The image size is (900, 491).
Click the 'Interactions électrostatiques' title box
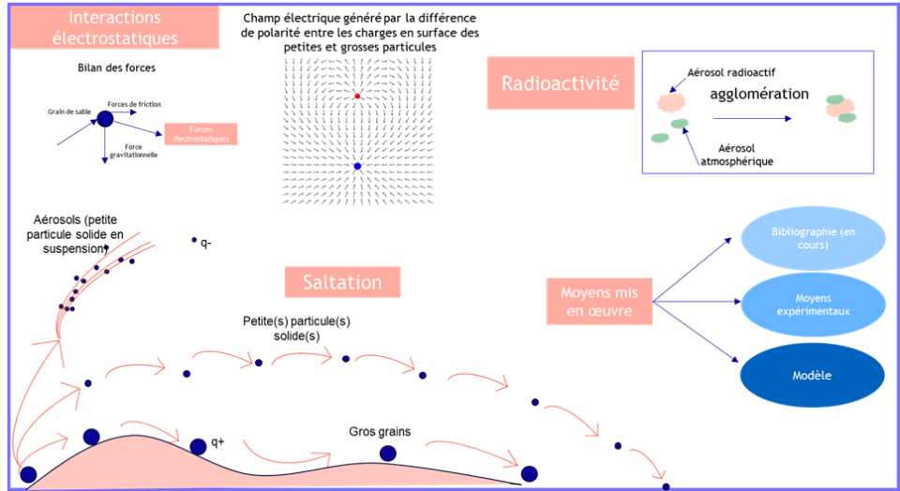(114, 28)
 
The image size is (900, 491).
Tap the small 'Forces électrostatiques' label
(200, 134)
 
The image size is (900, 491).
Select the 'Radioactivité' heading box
(560, 82)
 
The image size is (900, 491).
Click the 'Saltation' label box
(342, 282)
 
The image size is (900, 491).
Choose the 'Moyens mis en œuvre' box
(599, 301)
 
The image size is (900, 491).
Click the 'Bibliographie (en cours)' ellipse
(813, 238)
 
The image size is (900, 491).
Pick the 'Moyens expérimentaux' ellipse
(813, 305)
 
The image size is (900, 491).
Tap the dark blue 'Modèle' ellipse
(813, 375)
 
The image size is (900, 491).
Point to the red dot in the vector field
(357, 97)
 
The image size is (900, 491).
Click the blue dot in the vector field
(357, 166)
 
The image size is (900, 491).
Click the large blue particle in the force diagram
(105, 119)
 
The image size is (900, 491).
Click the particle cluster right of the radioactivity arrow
(839, 108)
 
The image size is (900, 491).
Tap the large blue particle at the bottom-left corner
(28, 474)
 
